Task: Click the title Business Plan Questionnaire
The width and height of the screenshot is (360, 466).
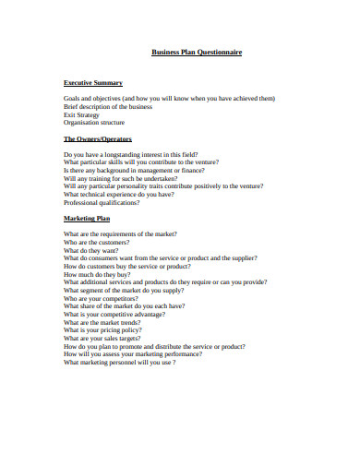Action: (197, 53)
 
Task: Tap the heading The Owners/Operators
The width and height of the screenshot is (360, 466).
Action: (99, 139)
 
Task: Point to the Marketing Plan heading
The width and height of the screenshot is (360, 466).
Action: (86, 219)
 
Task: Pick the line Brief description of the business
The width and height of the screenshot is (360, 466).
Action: (107, 105)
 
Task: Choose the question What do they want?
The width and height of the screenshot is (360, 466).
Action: (90, 249)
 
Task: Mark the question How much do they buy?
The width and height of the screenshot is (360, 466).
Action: (96, 274)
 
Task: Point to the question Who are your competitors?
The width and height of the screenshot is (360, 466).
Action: (101, 298)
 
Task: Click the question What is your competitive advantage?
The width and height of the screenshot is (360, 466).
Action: (114, 315)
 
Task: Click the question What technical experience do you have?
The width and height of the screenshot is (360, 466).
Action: (118, 193)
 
